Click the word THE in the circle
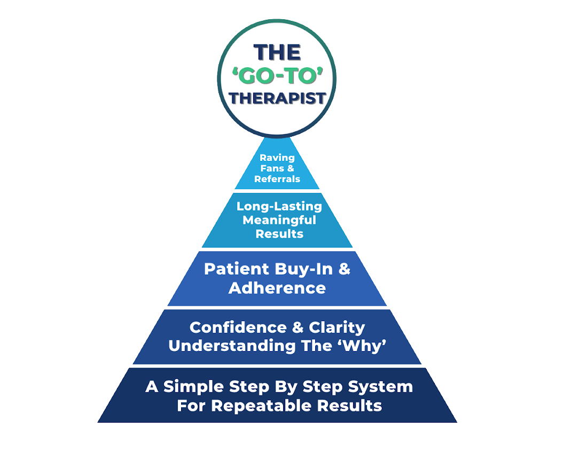[x=277, y=52]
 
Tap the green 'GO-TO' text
[x=277, y=75]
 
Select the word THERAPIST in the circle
[x=277, y=98]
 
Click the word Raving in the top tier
[x=277, y=158]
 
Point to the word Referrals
[x=277, y=179]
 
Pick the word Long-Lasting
[x=279, y=206]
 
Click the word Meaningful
[x=279, y=220]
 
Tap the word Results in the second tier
[x=279, y=234]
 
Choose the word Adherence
[x=277, y=288]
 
